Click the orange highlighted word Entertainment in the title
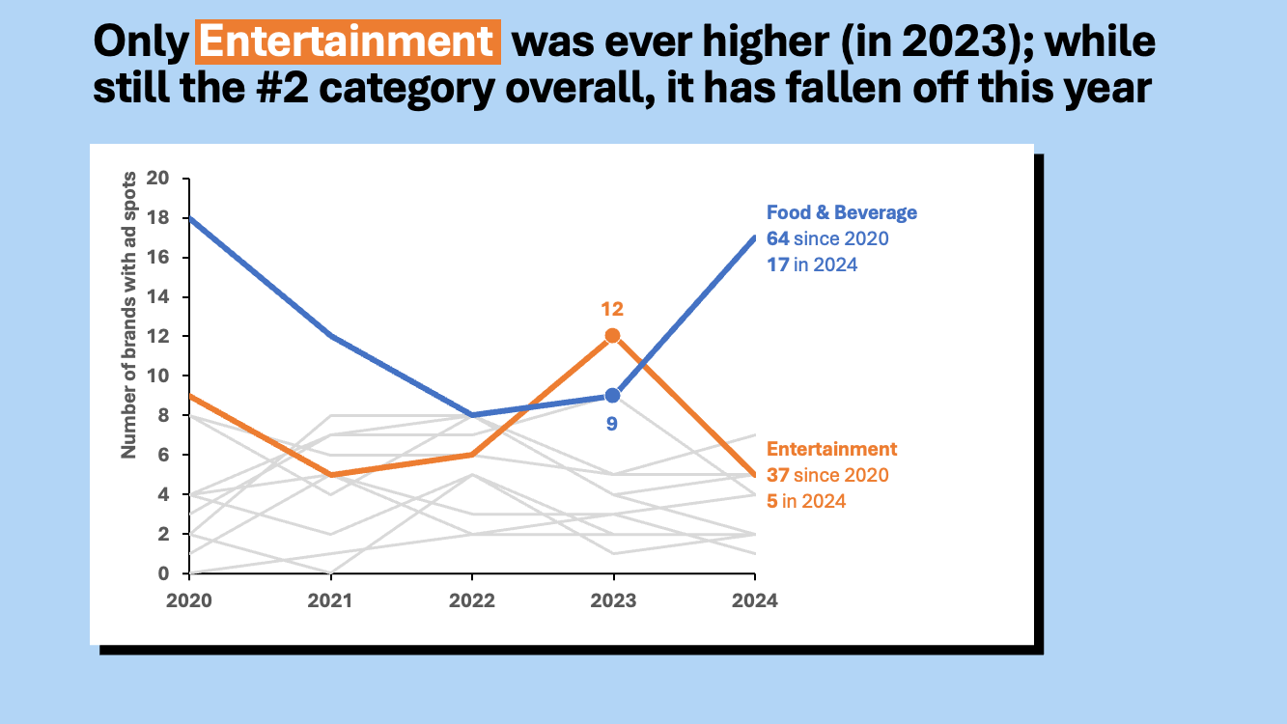coord(348,42)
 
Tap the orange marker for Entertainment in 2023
coord(612,336)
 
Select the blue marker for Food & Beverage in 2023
coord(612,395)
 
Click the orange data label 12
coord(612,309)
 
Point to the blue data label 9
coord(612,423)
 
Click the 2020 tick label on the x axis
coord(189,599)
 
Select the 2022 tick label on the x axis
coord(472,599)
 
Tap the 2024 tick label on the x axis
coord(755,599)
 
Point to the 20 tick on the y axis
coord(157,179)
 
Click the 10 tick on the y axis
coord(157,376)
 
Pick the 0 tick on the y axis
coord(162,573)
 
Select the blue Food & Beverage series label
coord(841,212)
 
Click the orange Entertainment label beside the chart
coord(831,449)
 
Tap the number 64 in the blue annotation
coord(778,238)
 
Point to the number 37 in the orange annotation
coord(778,475)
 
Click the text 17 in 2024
coord(812,265)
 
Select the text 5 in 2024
coord(806,501)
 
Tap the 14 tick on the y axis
coord(157,296)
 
